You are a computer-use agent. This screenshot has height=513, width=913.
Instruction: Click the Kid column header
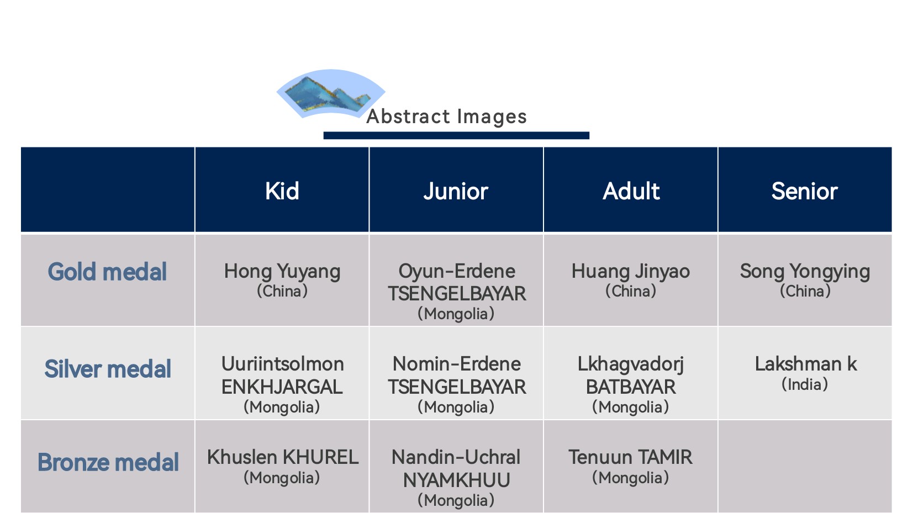click(x=282, y=191)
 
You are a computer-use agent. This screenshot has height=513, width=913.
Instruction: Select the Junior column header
click(x=456, y=192)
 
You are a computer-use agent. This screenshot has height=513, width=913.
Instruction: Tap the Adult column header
click(x=631, y=191)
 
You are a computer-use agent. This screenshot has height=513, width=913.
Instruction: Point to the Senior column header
click(x=805, y=191)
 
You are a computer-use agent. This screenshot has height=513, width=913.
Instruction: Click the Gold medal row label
click(x=107, y=272)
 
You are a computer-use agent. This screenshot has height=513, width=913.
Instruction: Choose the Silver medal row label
click(x=108, y=369)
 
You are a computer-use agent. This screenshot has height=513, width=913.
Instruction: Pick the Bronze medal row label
click(x=108, y=462)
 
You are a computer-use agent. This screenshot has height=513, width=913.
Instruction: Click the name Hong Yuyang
click(x=282, y=272)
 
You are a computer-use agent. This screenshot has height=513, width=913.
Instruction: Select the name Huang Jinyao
click(x=631, y=272)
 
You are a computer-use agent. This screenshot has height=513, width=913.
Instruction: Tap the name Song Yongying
click(x=805, y=272)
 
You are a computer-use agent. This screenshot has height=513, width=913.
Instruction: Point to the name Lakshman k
click(x=806, y=364)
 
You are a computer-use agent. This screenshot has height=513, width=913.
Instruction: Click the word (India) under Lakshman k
click(x=805, y=384)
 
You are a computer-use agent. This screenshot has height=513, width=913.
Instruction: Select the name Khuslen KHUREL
click(x=282, y=457)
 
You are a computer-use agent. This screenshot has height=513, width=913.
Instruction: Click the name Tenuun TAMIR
click(x=631, y=457)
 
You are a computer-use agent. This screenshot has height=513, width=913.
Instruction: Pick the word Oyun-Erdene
click(x=456, y=271)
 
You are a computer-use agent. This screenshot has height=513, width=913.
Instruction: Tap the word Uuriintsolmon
click(x=282, y=364)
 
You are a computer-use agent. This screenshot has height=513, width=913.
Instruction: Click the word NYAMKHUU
click(x=456, y=480)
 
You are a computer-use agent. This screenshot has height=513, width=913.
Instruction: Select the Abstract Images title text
click(x=447, y=117)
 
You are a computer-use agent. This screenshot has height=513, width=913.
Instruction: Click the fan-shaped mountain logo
click(x=331, y=93)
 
